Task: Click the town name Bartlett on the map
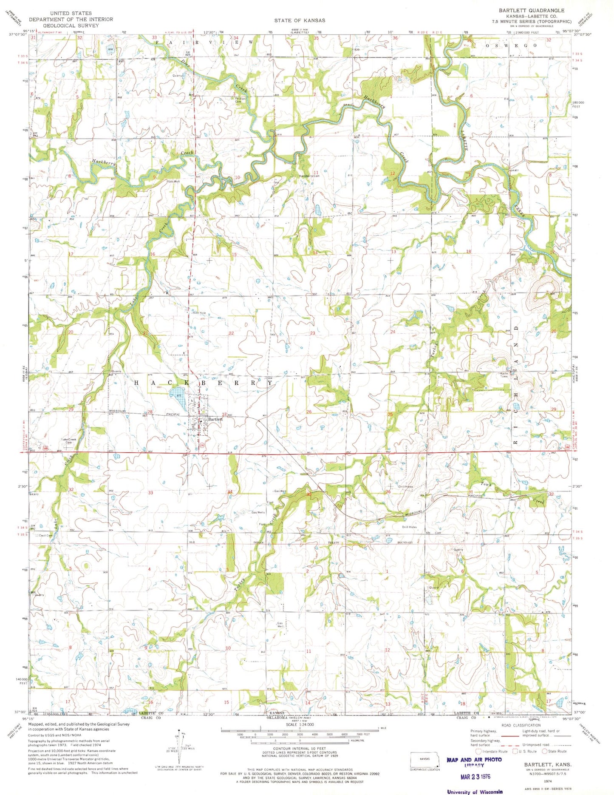pyautogui.click(x=215, y=419)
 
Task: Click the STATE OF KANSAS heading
pyautogui.click(x=300, y=20)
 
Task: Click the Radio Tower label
pyautogui.click(x=504, y=375)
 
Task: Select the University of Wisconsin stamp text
pyautogui.click(x=475, y=792)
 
